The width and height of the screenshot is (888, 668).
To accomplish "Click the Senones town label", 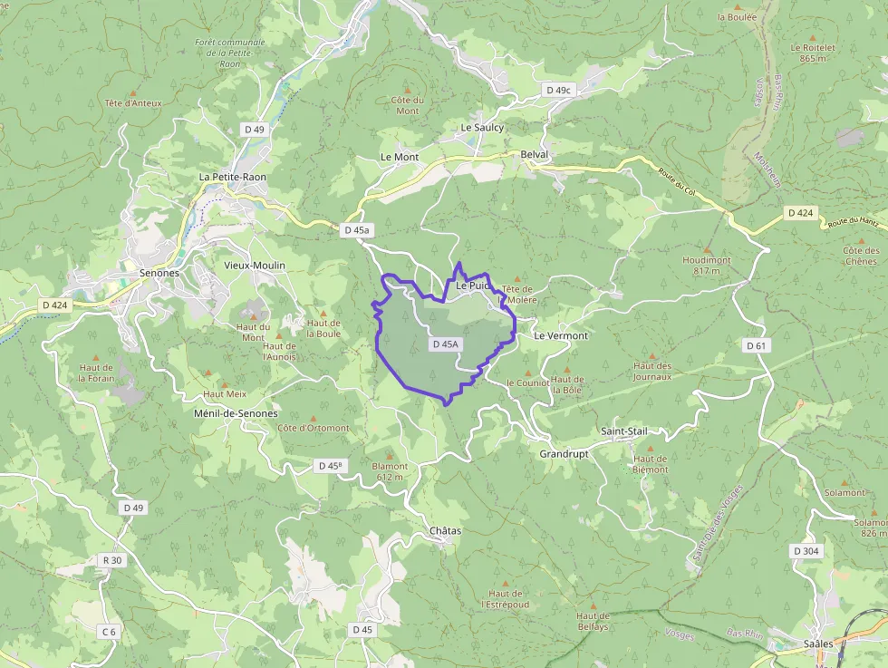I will [x=159, y=272].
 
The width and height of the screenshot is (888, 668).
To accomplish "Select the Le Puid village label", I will [x=472, y=285].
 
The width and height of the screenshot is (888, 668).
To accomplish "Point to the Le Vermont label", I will [x=561, y=335].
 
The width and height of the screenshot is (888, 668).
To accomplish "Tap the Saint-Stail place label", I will [x=623, y=431].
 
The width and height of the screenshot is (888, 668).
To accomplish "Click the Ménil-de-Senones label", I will [x=236, y=413].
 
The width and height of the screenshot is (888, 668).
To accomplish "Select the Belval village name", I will [x=536, y=155].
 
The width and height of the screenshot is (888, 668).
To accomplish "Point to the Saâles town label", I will [x=818, y=644].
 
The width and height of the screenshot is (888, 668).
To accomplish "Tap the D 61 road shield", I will [x=757, y=345].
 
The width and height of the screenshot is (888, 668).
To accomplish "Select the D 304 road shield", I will [x=806, y=551].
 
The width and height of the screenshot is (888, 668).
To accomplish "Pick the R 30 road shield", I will [x=111, y=560].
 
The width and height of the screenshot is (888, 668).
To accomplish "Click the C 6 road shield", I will [x=109, y=631].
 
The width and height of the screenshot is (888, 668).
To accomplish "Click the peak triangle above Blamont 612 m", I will [x=390, y=456].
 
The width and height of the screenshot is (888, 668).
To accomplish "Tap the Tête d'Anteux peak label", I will [x=133, y=103].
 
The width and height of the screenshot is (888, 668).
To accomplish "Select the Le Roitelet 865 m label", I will [x=812, y=53].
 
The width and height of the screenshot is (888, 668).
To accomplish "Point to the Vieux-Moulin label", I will [x=255, y=266].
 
